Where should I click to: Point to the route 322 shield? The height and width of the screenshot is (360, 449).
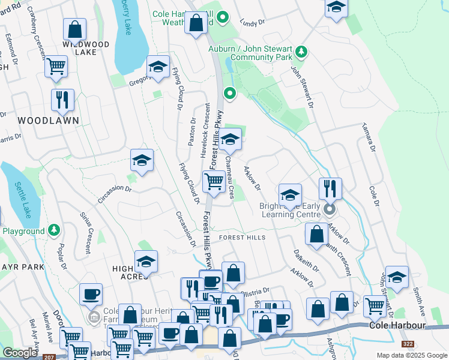pyautogui.click(x=408, y=344)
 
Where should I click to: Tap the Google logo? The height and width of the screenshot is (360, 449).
pyautogui.click(x=20, y=353)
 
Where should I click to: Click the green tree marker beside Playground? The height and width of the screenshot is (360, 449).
pyautogui.click(x=54, y=230)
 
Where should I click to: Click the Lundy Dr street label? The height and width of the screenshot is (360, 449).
pyautogui.click(x=252, y=22)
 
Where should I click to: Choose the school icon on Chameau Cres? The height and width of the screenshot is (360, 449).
pyautogui.click(x=229, y=140)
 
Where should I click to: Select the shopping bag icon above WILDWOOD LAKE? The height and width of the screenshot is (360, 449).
pyautogui.click(x=74, y=29)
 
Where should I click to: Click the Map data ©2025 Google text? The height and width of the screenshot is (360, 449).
pyautogui.click(x=412, y=355)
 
